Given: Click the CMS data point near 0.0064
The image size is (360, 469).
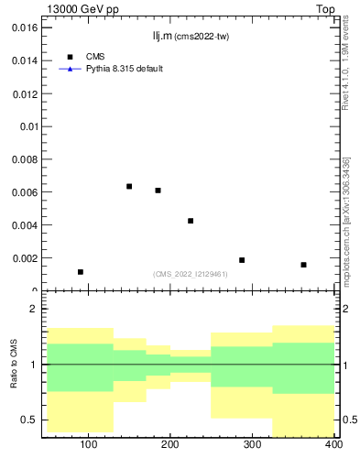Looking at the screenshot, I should click(x=129, y=187).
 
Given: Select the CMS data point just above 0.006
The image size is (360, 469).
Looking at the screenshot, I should click(x=158, y=191).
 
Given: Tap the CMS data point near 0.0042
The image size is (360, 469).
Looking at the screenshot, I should click(x=191, y=221).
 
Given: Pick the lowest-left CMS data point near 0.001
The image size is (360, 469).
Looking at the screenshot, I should click(x=81, y=272).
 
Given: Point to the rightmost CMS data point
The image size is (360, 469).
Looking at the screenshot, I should click(x=303, y=265).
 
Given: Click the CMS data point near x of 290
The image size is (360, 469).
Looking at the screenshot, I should click(x=242, y=260).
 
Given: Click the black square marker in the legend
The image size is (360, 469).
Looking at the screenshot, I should click(x=71, y=57).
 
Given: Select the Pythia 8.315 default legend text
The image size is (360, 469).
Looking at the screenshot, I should click(x=125, y=69).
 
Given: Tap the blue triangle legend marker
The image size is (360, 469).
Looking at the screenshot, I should click(x=71, y=69).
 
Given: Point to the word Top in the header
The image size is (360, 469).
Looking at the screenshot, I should click(x=324, y=8).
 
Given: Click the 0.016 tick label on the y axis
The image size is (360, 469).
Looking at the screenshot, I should click(x=25, y=27).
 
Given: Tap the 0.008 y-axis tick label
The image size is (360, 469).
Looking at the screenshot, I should click(x=25, y=159).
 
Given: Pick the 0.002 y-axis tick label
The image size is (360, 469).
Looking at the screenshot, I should click(x=25, y=258).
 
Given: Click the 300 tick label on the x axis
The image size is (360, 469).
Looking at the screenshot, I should click(x=252, y=445).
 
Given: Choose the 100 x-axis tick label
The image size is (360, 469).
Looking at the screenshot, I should click(x=89, y=445).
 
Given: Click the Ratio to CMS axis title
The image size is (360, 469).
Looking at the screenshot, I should click(x=15, y=365).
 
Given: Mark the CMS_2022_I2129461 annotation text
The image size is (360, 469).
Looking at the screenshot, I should click(x=191, y=274).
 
